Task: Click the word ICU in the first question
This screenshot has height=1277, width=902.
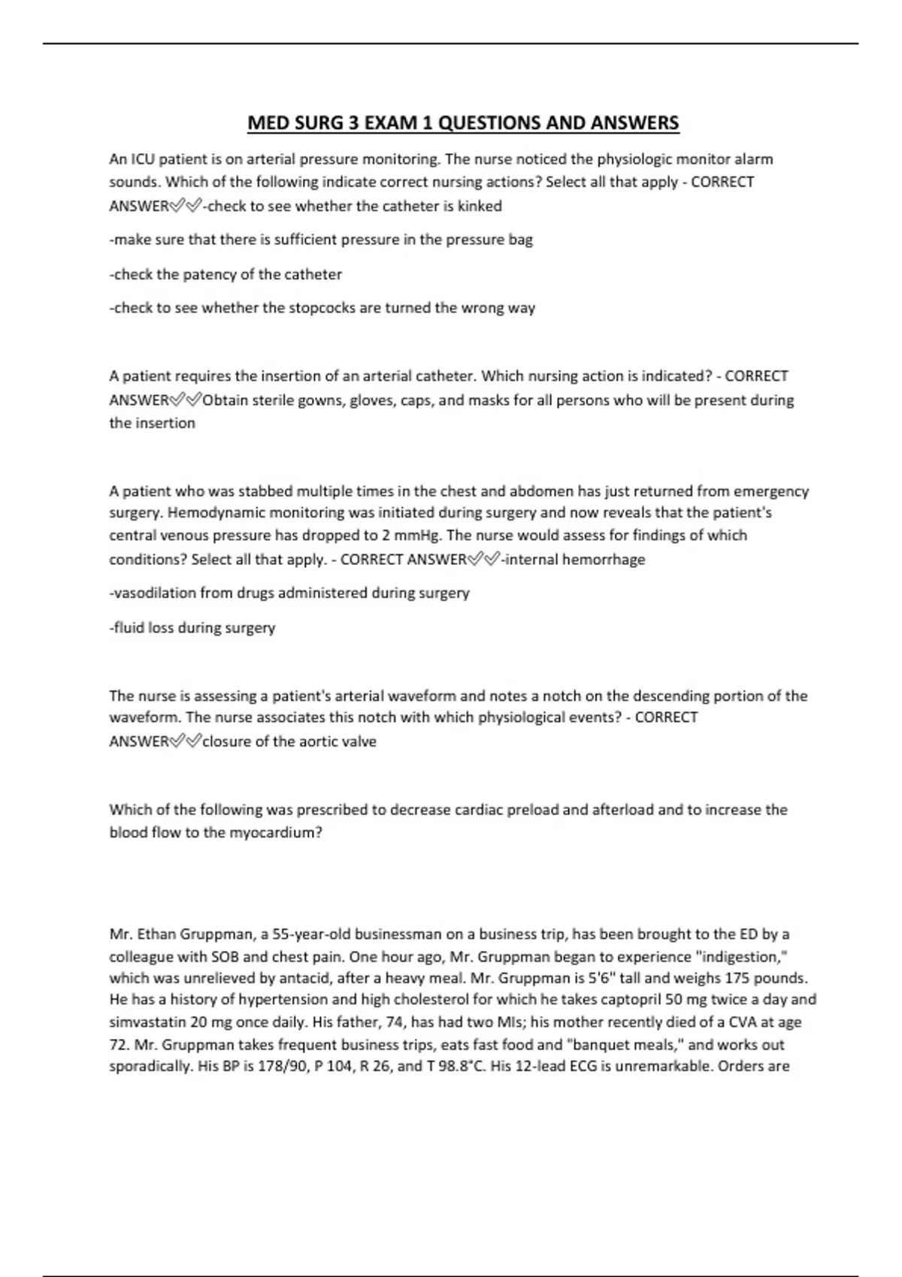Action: [x=142, y=159]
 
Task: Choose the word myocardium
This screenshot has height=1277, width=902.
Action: [x=275, y=833]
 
